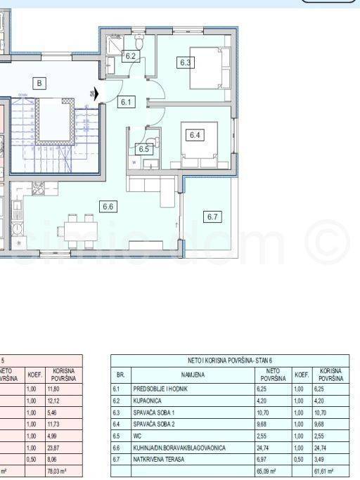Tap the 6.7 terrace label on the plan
213,216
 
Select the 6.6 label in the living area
108,207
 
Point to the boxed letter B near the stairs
39,84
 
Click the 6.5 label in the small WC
144,149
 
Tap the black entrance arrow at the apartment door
96,92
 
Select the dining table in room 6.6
80,228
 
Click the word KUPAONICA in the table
148,400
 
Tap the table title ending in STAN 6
229,359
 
